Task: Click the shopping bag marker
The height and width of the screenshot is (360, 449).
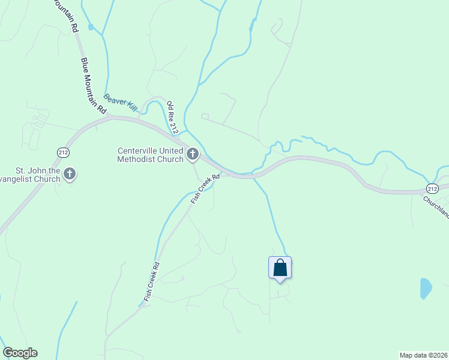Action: (280, 267)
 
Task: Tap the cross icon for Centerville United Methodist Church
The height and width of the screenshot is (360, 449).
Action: (193, 155)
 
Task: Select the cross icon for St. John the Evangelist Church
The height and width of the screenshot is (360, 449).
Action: (70, 175)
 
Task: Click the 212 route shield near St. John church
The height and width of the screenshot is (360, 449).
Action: (63, 152)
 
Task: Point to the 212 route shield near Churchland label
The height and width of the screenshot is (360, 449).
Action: (432, 187)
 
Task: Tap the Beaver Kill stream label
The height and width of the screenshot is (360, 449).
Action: (121, 103)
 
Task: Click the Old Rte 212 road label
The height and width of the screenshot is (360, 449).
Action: (173, 117)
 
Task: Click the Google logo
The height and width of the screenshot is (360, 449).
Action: (20, 353)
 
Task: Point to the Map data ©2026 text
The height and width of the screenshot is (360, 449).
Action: (423, 355)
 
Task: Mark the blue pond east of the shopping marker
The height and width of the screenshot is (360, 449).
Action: (426, 288)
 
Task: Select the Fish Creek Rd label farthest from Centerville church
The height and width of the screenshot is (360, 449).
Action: (151, 281)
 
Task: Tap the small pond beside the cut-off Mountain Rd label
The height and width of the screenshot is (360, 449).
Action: (91, 27)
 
